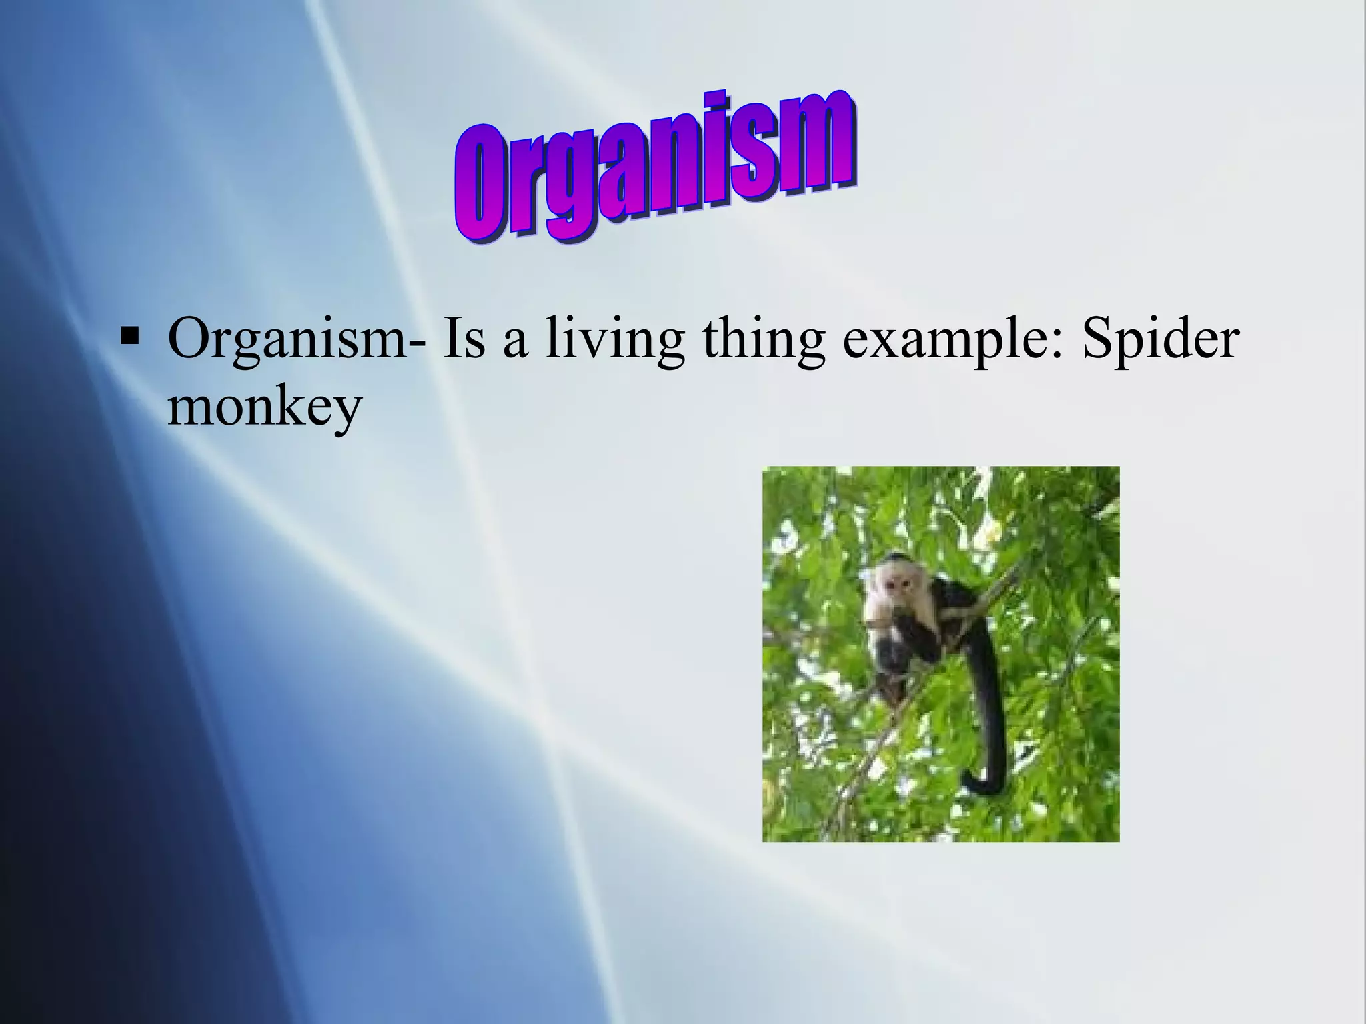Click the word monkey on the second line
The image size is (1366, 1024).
click(264, 408)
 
